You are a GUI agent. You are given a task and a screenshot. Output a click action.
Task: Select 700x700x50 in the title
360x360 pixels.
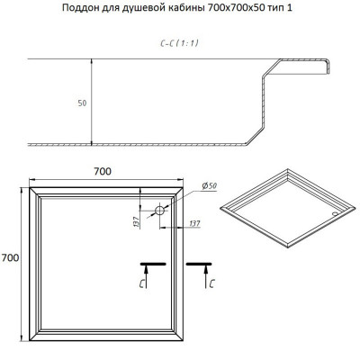point(236,8)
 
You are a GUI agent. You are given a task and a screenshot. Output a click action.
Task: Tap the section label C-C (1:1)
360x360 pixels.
point(179,43)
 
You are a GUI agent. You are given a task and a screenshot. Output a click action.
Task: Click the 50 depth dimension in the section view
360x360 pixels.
point(82,103)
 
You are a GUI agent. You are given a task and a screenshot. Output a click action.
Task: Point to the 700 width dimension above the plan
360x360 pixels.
point(103,171)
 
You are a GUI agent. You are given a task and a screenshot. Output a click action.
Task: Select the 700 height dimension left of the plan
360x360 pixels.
point(11,257)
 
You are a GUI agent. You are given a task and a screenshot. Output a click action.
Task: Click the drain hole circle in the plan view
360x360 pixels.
point(159,210)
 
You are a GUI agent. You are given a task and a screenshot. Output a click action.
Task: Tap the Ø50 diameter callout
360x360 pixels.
point(209,186)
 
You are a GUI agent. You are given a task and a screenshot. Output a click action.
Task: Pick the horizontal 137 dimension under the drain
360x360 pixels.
point(195,223)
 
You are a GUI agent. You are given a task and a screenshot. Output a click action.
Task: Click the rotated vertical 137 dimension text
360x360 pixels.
point(137,221)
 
